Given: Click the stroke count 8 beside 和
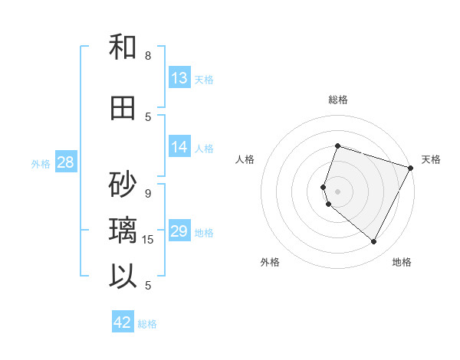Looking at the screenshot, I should (x=148, y=55).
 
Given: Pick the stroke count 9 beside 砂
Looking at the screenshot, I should (x=148, y=193).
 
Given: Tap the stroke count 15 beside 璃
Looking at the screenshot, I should (x=149, y=239).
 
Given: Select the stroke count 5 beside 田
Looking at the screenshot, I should (x=148, y=116).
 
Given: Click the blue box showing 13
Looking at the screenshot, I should (x=179, y=77).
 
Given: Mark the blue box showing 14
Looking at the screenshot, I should (x=179, y=147).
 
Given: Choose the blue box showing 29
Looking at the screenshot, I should (x=179, y=231).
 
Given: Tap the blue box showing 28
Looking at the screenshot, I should (x=65, y=162).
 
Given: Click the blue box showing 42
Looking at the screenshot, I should (x=123, y=322).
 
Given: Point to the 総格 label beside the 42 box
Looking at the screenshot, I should (x=147, y=324).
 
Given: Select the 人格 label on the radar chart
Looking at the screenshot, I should (x=245, y=159).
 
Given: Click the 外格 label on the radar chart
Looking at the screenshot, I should (x=270, y=262).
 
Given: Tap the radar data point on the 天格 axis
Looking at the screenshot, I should (x=411, y=168).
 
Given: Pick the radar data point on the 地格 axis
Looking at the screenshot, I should (x=374, y=242).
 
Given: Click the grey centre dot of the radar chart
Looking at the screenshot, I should (x=337, y=191).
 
